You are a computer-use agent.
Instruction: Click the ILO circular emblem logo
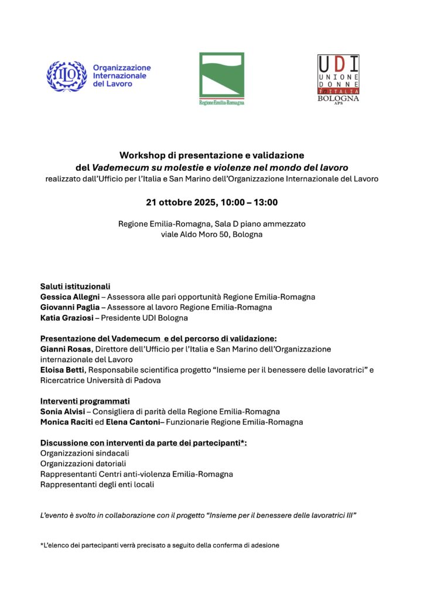tap(67, 76)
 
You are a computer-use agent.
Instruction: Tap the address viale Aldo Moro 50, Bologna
tap(211, 235)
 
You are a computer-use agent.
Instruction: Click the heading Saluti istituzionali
tap(75, 287)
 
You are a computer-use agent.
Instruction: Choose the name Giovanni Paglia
tap(70, 307)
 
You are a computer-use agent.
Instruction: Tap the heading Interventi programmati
tap(85, 401)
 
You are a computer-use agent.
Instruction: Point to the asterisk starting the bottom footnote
tap(42, 545)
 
